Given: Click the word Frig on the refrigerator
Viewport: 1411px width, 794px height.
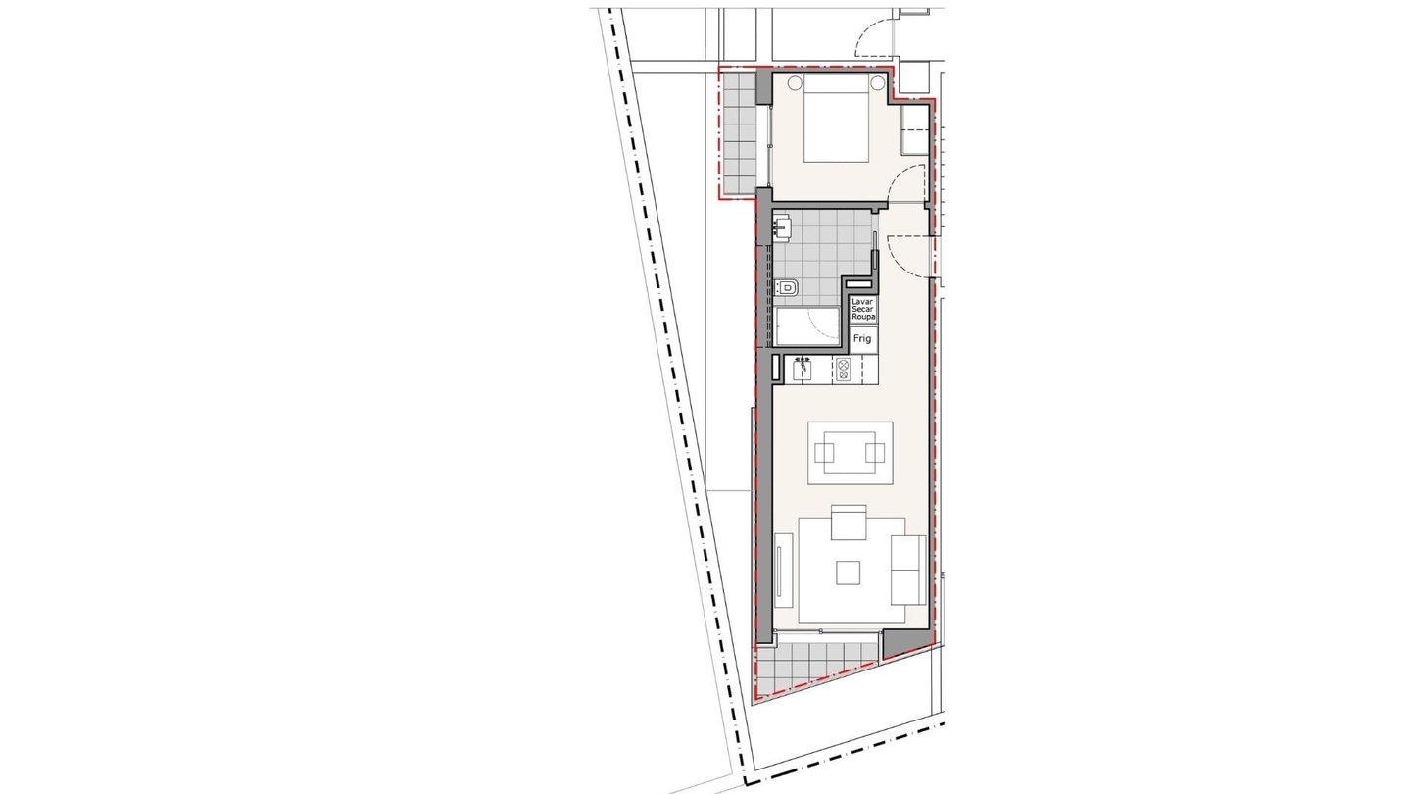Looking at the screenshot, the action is [862, 339].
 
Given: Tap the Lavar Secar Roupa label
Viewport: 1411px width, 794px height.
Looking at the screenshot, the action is [863, 310].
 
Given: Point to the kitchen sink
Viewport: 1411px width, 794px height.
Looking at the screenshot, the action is [802, 370].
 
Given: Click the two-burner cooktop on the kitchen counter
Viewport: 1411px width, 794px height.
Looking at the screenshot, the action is [843, 370].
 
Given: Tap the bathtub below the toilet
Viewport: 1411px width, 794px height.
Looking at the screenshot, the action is [807, 325].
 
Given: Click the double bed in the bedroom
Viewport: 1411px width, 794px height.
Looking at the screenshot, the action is [837, 118].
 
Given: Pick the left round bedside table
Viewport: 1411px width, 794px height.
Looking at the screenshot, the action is [795, 82].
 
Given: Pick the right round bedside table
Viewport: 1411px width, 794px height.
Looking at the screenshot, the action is [878, 82].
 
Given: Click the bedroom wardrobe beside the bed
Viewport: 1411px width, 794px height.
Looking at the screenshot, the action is [914, 129].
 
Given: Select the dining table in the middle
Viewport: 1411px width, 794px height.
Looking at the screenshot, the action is [850, 453].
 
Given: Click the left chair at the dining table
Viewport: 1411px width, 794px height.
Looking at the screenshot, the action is [824, 453].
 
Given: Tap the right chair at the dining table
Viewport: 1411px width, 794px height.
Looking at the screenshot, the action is [875, 453].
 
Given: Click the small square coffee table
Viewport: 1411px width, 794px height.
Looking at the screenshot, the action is [848, 572].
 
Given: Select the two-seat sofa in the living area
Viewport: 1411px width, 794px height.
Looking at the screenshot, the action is [907, 570].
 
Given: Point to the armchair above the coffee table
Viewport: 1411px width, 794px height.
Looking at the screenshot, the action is [849, 521].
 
